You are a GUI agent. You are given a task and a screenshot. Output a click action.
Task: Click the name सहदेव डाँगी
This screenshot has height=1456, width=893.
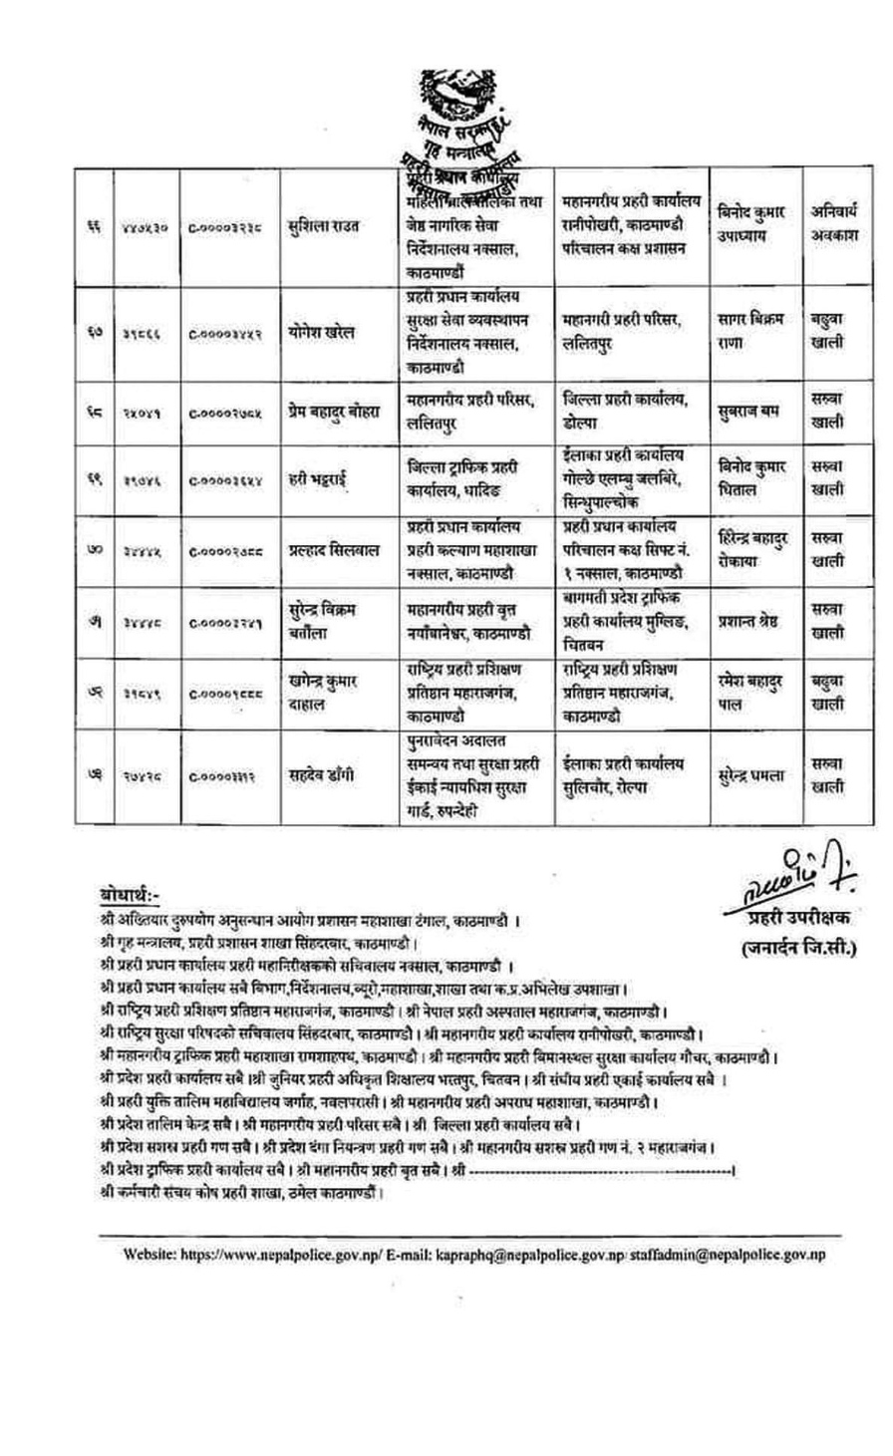point(321,774)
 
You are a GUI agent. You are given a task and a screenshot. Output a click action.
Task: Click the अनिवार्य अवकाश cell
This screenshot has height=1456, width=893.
point(827,225)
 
